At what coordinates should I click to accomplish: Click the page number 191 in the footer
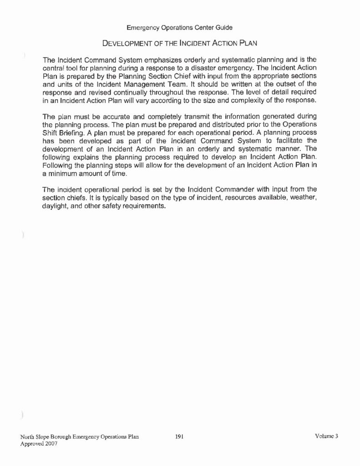pos(179,437)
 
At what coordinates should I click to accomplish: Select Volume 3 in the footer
pos(327,437)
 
